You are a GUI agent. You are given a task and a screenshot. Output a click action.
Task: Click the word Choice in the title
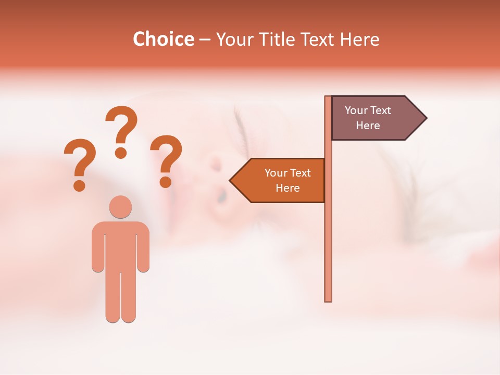(x=163, y=39)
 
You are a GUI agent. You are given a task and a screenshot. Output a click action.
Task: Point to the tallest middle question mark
(x=121, y=131)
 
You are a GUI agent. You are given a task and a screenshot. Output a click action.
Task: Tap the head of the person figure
(x=120, y=207)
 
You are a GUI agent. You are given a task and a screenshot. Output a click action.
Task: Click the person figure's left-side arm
(x=98, y=247)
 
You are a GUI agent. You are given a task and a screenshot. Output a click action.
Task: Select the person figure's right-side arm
(x=143, y=247)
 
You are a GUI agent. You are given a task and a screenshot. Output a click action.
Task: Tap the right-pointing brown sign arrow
(x=372, y=118)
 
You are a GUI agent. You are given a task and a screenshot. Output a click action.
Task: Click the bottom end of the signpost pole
(x=328, y=299)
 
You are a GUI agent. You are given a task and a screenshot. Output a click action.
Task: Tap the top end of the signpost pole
(x=328, y=98)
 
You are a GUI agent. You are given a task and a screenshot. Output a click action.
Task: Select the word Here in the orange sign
(x=287, y=188)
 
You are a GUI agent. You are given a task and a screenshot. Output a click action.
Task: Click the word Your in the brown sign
(x=356, y=110)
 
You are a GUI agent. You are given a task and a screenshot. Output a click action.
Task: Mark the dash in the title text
(x=205, y=40)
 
